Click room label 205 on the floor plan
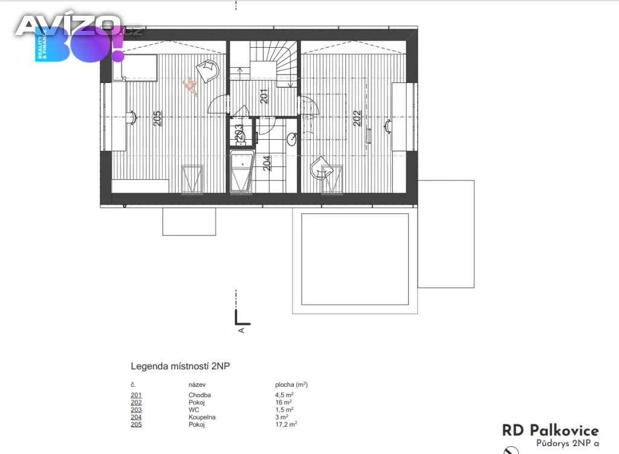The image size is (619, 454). click(x=157, y=119)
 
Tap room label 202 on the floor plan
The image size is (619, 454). click(x=357, y=118)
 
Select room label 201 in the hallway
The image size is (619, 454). click(x=264, y=96)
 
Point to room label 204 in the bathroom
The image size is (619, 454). click(x=267, y=163)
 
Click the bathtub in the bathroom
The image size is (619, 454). click(x=241, y=172)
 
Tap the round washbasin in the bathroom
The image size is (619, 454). click(x=292, y=139)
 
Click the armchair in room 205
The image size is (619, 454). click(x=208, y=71)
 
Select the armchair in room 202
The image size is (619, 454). click(x=321, y=169)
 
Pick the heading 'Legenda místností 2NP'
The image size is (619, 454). click(x=180, y=366)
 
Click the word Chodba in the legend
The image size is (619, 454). click(x=199, y=395)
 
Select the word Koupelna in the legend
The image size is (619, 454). click(x=202, y=417)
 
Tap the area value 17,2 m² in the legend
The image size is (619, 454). click(x=286, y=424)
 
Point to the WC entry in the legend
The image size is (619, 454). click(x=193, y=410)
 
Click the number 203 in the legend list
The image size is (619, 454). click(x=136, y=410)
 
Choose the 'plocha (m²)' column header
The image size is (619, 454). click(x=291, y=384)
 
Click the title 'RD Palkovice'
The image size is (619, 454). click(x=550, y=430)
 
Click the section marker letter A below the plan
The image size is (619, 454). click(x=241, y=330)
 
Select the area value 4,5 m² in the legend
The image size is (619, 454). click(x=284, y=395)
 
